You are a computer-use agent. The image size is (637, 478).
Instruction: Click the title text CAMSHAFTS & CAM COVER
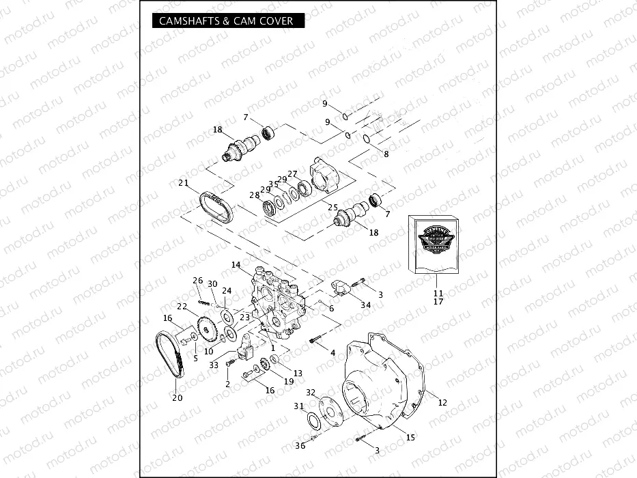pos(226,21)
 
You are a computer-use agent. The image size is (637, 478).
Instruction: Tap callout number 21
pos(183,182)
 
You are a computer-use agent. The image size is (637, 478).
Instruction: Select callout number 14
pos(236,264)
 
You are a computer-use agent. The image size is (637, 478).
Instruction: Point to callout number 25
pos(333,207)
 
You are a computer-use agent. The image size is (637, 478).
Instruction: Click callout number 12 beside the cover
pos(442,402)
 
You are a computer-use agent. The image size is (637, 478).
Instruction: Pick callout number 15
pos(410,437)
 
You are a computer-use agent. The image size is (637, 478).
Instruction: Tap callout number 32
pos(311,393)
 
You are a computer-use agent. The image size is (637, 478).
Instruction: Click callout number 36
pos(300,446)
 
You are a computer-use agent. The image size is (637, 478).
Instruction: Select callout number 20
pos(178,398)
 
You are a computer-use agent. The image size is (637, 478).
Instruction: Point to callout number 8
pos(386,154)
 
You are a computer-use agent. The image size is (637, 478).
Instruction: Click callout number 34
pos(366,305)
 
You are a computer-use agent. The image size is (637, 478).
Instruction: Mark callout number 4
pos(333,353)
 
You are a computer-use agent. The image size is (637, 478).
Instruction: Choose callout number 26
pos(198,281)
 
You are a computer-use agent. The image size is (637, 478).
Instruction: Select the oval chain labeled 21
pos(216,206)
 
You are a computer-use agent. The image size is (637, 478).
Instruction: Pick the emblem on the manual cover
pos(434,241)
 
